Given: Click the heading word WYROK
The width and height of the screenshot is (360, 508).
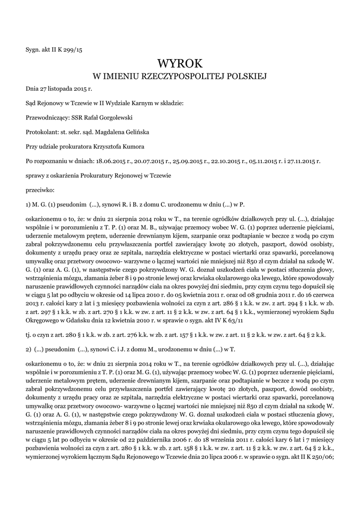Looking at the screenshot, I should (x=180, y=63).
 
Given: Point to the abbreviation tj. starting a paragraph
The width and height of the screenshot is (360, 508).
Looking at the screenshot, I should (x=28, y=335).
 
